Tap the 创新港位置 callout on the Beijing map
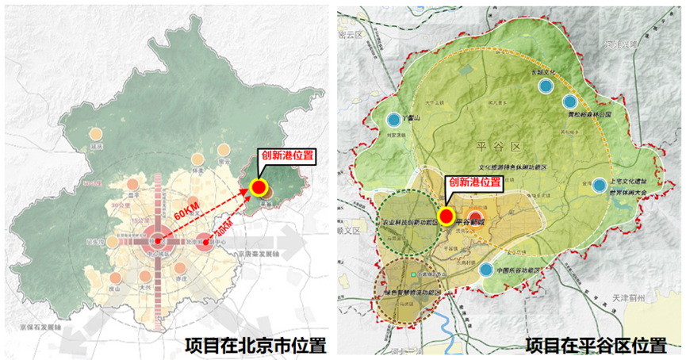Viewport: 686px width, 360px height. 284,156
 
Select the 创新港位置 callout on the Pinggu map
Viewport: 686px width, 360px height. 474,182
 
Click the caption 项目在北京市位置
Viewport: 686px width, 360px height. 255,346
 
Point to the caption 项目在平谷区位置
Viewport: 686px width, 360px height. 596,346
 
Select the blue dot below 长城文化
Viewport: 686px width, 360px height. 545,86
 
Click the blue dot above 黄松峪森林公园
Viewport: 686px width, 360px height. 569,101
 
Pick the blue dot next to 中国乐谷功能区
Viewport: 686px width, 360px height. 485,270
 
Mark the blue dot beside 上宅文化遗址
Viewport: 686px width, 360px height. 600,185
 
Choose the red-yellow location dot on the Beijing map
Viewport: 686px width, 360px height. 258,188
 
